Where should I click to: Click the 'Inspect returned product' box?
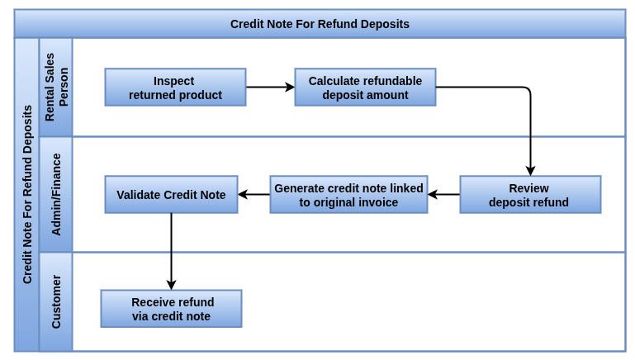[175, 87]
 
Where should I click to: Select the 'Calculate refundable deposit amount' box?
[365, 87]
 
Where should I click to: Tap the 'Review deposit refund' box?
[530, 194]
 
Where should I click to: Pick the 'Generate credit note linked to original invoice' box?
[348, 194]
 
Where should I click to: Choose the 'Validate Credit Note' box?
[171, 194]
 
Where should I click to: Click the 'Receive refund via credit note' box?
[171, 309]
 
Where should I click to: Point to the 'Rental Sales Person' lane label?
[56, 87]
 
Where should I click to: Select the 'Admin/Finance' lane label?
[56, 194]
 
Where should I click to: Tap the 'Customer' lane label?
[56, 301]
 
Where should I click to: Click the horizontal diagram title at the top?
[320, 24]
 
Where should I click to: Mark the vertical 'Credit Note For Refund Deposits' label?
[27, 194]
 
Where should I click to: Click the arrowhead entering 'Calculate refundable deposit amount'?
[290, 87]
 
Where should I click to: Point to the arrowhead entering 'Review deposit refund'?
[530, 170]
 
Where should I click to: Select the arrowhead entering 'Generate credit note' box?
[433, 194]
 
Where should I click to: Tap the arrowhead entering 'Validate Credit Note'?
[243, 194]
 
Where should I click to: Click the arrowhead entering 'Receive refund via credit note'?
[171, 285]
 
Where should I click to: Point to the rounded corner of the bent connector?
[528, 89]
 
